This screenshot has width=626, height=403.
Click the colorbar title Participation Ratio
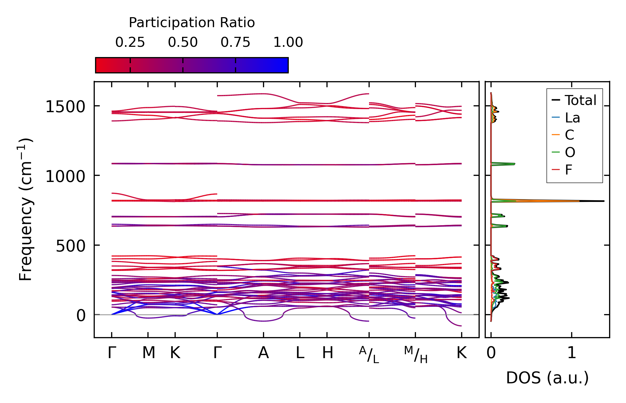coord(192,23)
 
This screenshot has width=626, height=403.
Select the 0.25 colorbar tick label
coord(130,42)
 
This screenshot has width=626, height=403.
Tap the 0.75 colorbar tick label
coord(235,42)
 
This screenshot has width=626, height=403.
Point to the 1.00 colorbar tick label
coord(288,42)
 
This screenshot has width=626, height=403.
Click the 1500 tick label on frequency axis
coord(65,107)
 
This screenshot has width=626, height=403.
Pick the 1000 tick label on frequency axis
coord(65,176)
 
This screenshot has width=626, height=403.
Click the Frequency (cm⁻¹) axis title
coord(25,209)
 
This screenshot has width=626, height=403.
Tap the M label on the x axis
coord(149,353)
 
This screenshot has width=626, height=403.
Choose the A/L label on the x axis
coord(369,355)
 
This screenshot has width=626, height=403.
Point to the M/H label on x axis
coord(416,355)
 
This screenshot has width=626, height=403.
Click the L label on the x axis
coord(300,353)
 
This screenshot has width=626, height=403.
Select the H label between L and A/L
coord(328,353)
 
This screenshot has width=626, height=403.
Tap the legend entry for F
coord(568,170)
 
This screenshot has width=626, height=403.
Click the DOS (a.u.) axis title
coord(547,378)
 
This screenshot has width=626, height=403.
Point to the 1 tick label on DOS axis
coord(572,353)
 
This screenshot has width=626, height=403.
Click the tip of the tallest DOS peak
coord(604,201)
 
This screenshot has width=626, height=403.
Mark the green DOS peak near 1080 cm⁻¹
coord(514,164)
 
